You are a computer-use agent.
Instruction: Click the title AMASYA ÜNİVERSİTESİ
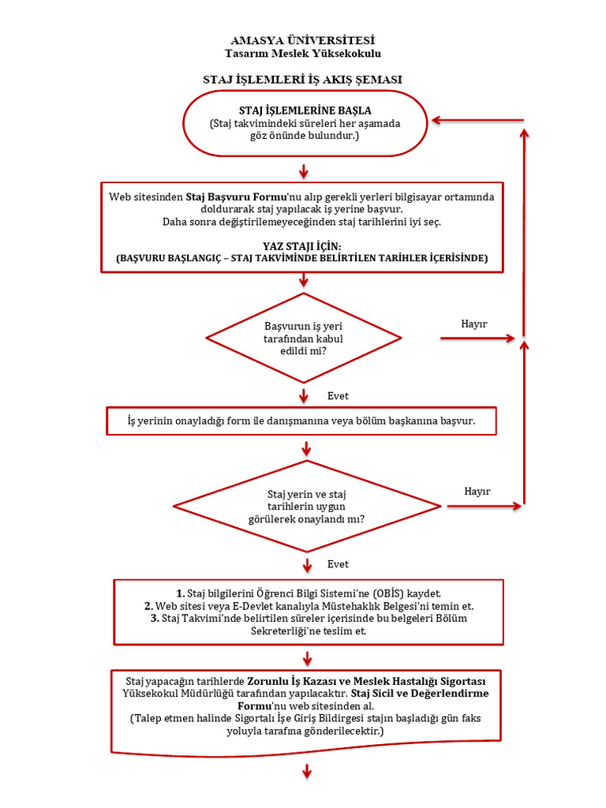(x=303, y=39)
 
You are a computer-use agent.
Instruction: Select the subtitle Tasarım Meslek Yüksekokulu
(x=303, y=53)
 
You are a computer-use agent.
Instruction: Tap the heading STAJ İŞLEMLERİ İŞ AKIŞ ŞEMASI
(x=303, y=80)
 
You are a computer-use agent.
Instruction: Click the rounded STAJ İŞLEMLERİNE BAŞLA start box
(x=305, y=122)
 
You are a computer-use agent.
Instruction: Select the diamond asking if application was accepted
(x=304, y=338)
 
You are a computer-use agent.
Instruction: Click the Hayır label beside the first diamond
(x=473, y=324)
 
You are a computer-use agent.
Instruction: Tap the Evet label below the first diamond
(x=338, y=395)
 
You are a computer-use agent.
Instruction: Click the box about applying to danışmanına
(x=301, y=421)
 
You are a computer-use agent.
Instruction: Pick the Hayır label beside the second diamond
(x=477, y=491)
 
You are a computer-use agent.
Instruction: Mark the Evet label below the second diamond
(x=338, y=564)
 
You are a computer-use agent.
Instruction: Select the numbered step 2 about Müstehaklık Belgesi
(x=309, y=606)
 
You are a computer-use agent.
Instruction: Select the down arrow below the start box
(x=304, y=171)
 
